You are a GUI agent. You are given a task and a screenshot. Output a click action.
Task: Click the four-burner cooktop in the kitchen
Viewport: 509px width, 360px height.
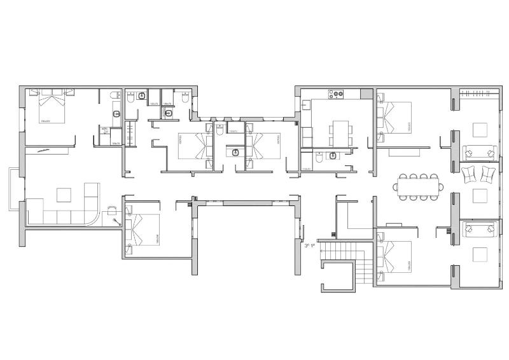click(335, 95)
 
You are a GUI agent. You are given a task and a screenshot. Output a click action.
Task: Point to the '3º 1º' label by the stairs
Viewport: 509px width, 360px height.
click(310, 245)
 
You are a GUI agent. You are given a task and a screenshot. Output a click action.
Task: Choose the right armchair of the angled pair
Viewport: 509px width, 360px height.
click(489, 173)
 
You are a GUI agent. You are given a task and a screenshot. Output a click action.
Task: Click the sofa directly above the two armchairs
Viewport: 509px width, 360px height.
click(478, 152)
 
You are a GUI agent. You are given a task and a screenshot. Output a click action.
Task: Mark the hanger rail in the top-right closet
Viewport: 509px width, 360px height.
click(479, 95)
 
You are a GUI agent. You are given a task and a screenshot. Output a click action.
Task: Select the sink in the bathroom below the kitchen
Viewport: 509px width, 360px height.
click(333, 155)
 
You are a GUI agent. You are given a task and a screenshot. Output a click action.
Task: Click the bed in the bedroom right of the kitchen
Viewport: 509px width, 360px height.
click(395, 119)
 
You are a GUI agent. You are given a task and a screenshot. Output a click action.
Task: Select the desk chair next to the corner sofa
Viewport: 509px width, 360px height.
click(112, 211)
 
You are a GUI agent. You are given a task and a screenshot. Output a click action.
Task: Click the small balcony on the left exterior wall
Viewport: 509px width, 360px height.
click(15, 190)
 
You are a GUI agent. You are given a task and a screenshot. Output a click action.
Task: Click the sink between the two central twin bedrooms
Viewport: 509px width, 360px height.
click(235, 152)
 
